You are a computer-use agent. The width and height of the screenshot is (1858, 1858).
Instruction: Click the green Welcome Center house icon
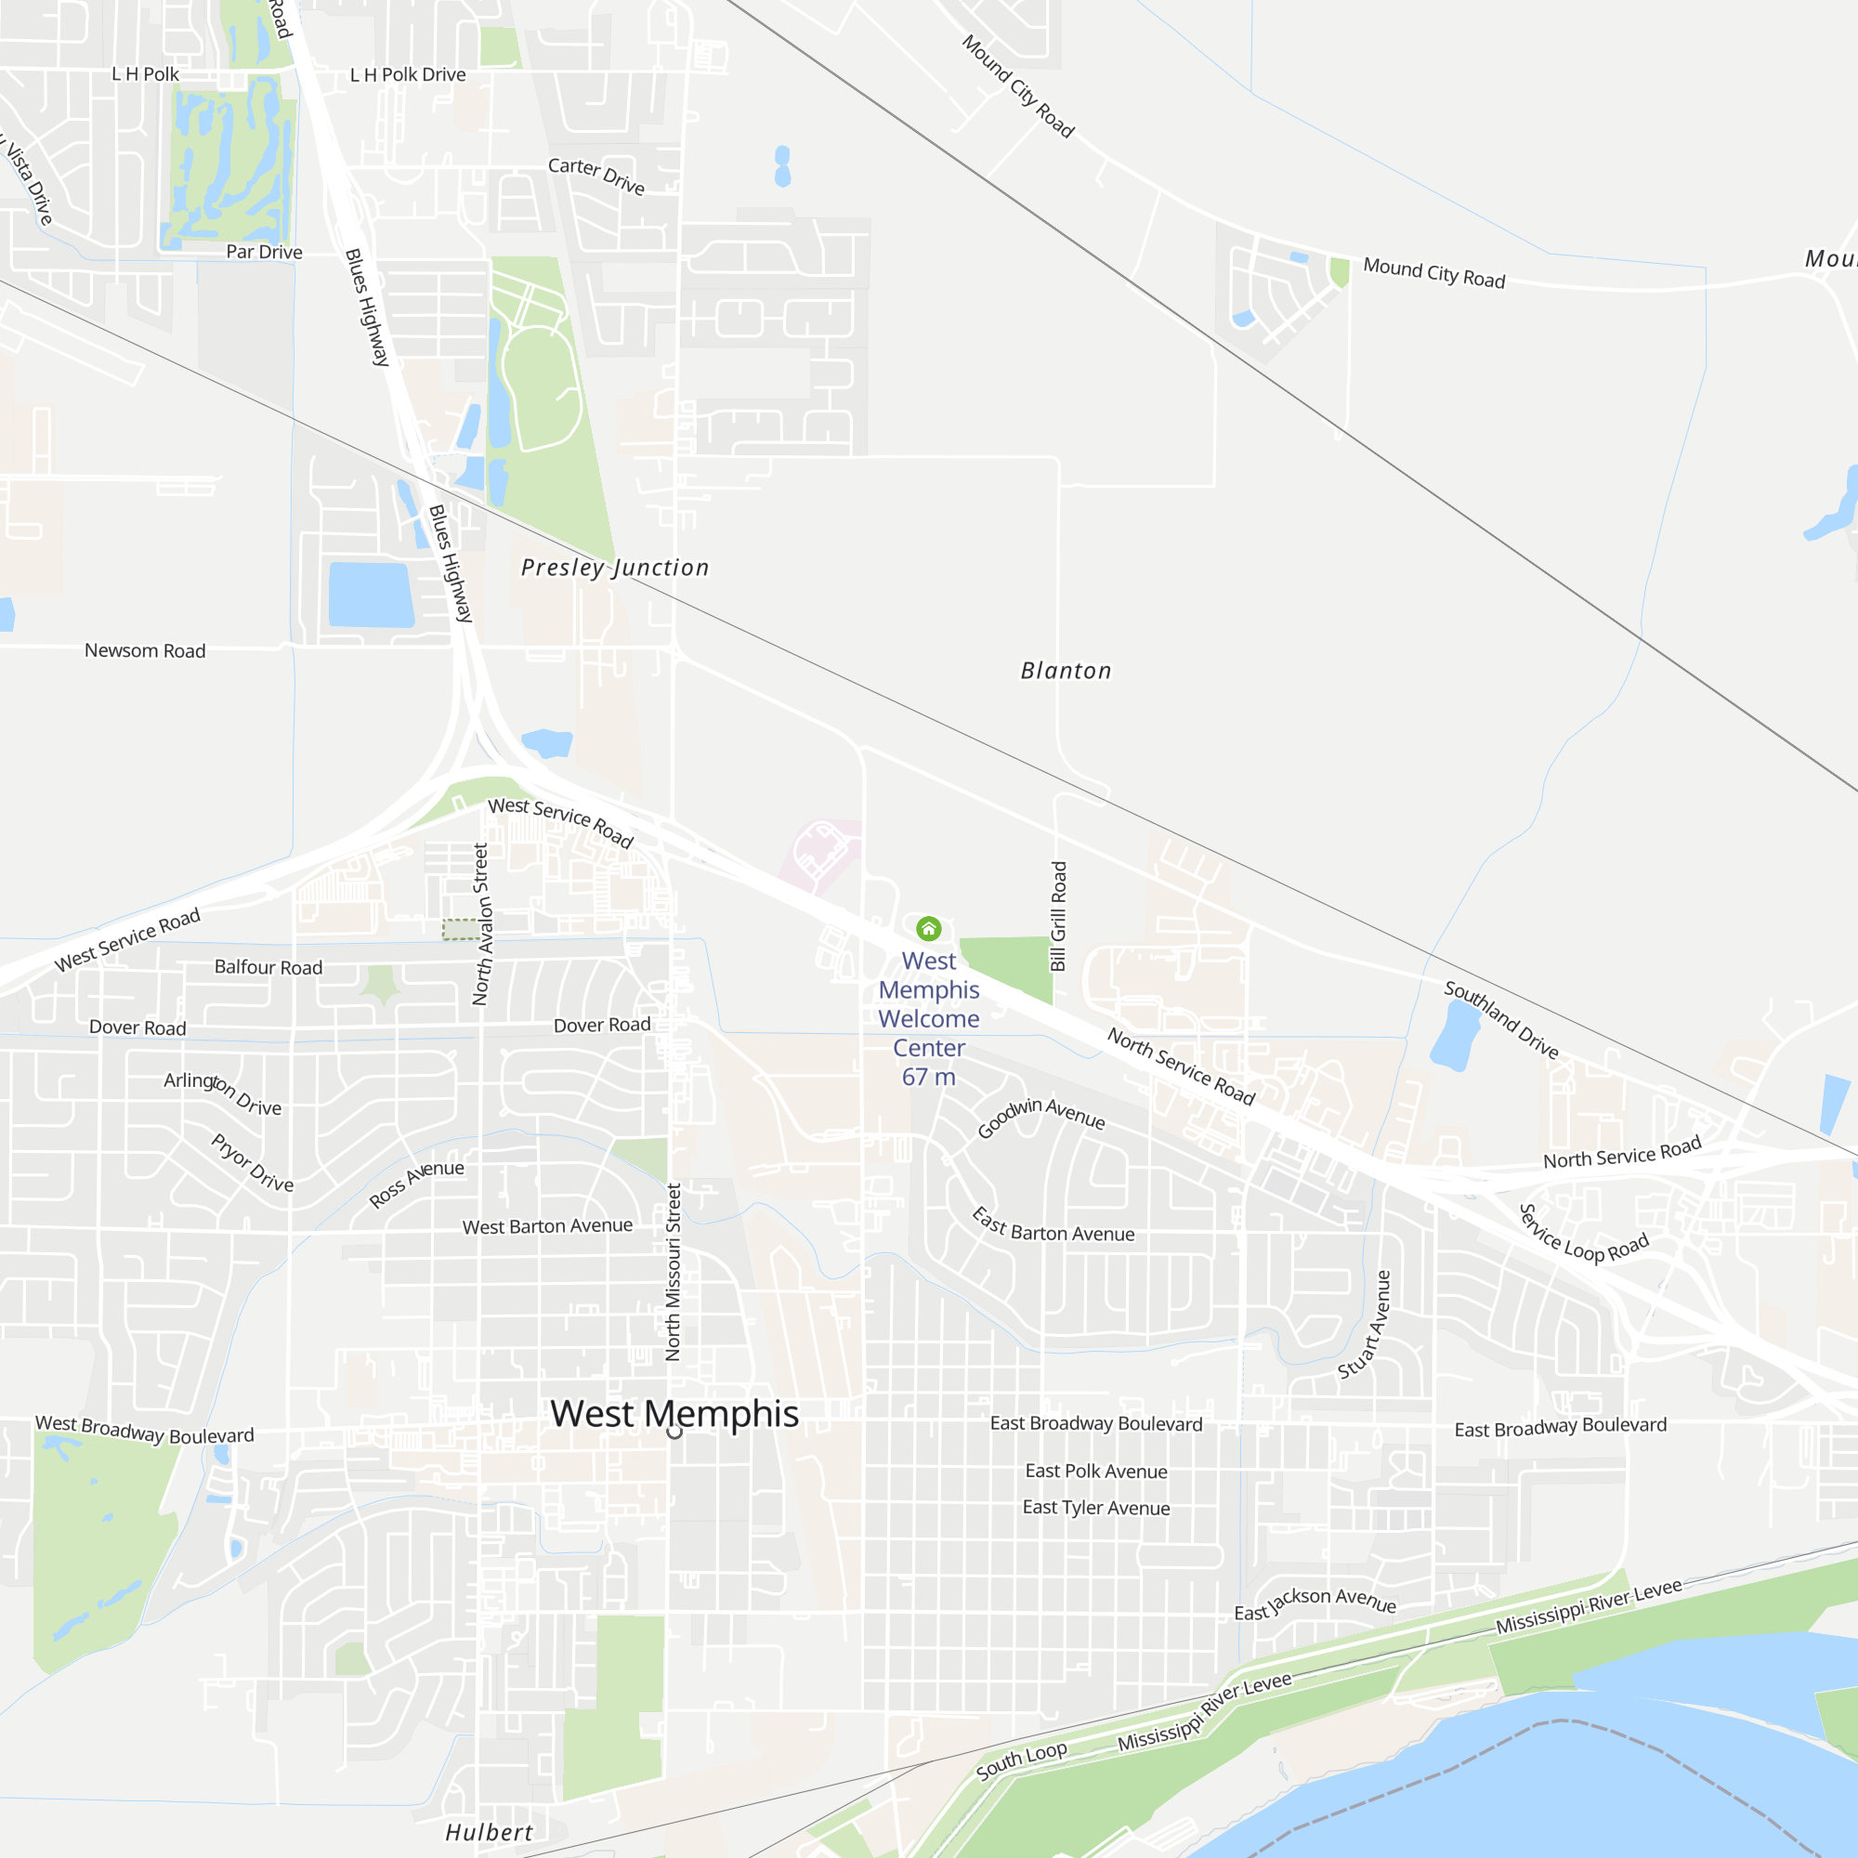tap(928, 928)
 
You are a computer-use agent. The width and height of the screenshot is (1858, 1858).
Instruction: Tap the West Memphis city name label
tap(674, 1414)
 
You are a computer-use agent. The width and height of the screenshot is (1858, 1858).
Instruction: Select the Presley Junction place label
tap(616, 568)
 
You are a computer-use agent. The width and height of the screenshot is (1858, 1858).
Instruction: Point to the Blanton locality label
tap(1066, 671)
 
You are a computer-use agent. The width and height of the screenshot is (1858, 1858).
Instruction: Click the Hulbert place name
tap(489, 1832)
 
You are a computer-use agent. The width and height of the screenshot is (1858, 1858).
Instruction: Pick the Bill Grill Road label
tap(1058, 916)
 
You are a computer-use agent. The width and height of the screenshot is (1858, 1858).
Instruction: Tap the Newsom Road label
tap(145, 650)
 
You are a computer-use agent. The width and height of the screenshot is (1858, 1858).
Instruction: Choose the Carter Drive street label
tap(596, 175)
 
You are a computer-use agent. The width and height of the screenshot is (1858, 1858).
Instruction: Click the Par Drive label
tap(265, 252)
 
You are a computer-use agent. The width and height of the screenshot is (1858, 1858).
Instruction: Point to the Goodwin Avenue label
tap(1041, 1116)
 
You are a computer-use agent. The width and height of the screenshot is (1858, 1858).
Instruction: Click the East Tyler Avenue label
tap(1096, 1507)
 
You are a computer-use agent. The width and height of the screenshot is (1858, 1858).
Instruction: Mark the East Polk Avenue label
tap(1096, 1471)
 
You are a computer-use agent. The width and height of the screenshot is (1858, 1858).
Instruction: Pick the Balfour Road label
tap(268, 966)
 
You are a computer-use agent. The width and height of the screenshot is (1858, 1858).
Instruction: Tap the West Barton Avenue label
tap(547, 1226)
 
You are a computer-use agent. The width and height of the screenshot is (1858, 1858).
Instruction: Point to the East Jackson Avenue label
tap(1315, 1603)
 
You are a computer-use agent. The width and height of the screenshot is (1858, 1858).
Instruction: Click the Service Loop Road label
tap(1583, 1235)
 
